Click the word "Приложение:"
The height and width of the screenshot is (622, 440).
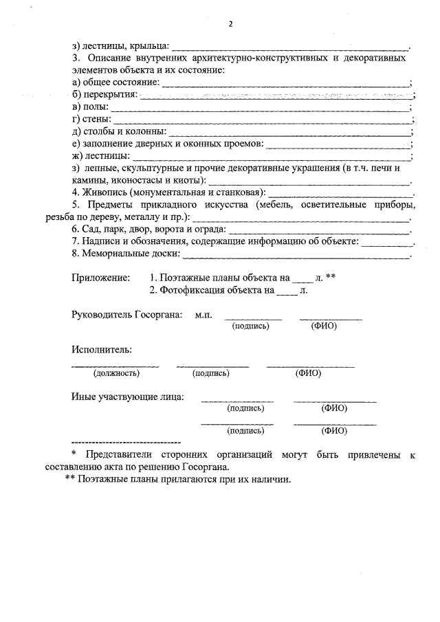pos(100,278)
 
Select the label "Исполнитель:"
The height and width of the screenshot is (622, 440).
pos(102,350)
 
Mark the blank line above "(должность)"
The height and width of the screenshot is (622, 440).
pos(116,365)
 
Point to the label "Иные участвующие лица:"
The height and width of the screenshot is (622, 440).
pos(127,397)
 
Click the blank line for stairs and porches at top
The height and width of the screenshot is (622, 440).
pos(289,49)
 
